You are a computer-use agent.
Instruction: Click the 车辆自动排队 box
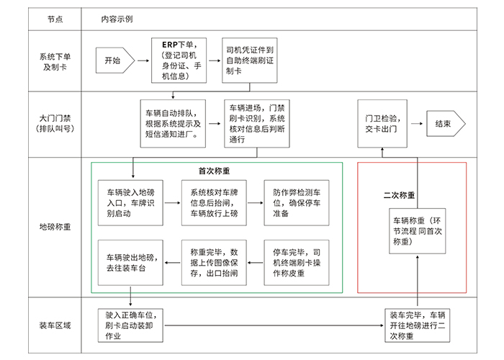[x=173, y=123]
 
